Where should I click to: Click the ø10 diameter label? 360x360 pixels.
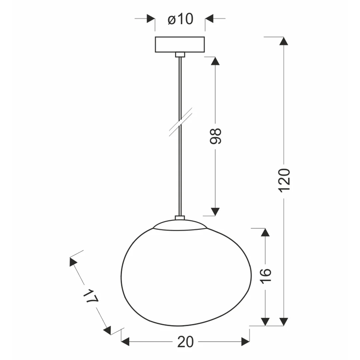coord(180,19)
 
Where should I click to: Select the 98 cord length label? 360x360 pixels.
coord(215,136)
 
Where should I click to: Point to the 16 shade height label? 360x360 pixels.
coord(266,276)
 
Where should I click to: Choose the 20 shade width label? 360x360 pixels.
coord(186,342)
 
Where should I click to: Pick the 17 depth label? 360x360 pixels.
coord(90,297)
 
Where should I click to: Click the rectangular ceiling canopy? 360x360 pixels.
coord(180,44)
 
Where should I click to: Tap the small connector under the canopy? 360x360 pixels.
coord(180,55)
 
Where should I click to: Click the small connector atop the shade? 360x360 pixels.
coord(180,218)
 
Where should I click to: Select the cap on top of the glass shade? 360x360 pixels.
coord(180,225)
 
